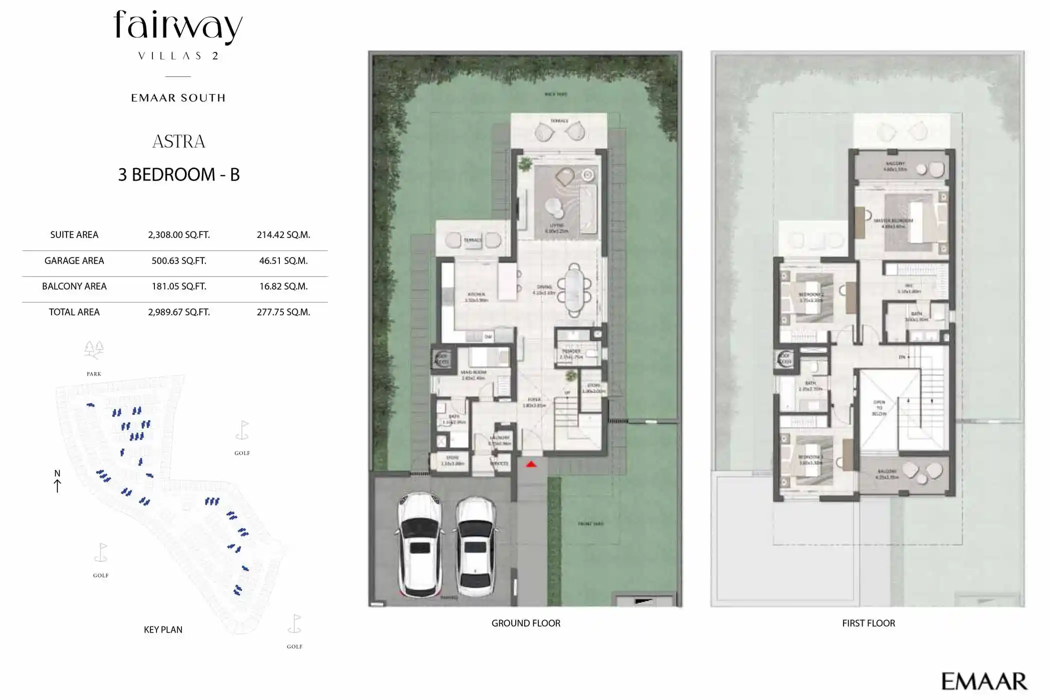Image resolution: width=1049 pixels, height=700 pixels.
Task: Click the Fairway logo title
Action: [178, 26]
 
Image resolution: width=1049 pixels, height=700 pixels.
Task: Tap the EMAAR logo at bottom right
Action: [984, 681]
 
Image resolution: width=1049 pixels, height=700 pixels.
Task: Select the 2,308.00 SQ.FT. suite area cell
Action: [178, 235]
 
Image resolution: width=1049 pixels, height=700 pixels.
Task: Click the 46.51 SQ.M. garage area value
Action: [283, 261]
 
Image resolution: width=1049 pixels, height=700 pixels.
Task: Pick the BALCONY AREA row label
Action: [74, 286]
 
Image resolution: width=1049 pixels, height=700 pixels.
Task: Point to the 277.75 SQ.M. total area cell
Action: [283, 312]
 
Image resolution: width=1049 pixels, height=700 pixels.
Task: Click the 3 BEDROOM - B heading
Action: [178, 175]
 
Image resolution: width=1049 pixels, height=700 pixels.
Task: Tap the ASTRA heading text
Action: [178, 142]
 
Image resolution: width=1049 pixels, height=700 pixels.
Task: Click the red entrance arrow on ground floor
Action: [531, 464]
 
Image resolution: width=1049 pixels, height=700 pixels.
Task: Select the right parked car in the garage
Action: [475, 546]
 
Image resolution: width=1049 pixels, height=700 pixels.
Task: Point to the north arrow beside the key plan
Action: [57, 485]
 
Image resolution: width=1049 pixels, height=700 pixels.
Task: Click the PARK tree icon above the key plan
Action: [93, 350]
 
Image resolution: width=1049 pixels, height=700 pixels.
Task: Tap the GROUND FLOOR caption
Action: [525, 623]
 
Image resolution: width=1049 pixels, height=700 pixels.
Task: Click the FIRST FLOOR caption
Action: [868, 623]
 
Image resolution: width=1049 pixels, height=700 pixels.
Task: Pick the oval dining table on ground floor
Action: [574, 290]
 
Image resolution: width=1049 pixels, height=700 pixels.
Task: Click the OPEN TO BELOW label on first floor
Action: [879, 407]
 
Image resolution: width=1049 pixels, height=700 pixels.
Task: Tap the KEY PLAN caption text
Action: [163, 630]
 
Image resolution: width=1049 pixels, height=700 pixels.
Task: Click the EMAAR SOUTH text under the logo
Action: [178, 98]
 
